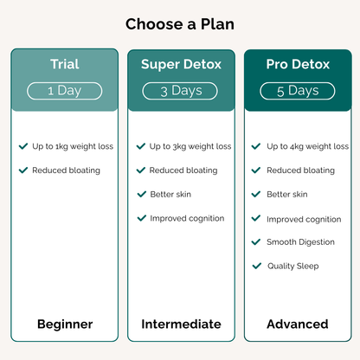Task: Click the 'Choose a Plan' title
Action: pos(179,23)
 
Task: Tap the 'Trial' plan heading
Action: pos(64,64)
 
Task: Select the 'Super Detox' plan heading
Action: pos(181,64)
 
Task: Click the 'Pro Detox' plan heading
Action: pos(297,64)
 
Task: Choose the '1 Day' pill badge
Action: pos(64,90)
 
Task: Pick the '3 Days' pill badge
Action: pos(181,90)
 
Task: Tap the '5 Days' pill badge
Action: pos(298,90)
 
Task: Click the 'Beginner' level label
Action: pos(64,325)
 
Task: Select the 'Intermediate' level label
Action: pos(181,325)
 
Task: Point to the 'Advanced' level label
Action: pos(298,325)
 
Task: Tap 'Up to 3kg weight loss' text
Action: pos(190,146)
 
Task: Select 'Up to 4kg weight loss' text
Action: pos(307,146)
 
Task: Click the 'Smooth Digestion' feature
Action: pos(300,242)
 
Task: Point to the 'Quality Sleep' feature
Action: pos(292,266)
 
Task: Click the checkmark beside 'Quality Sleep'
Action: pos(256,266)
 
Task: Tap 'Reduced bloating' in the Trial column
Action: pos(67,170)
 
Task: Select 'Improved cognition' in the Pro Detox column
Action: pos(304,219)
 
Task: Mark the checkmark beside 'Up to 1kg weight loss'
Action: pos(23,146)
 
